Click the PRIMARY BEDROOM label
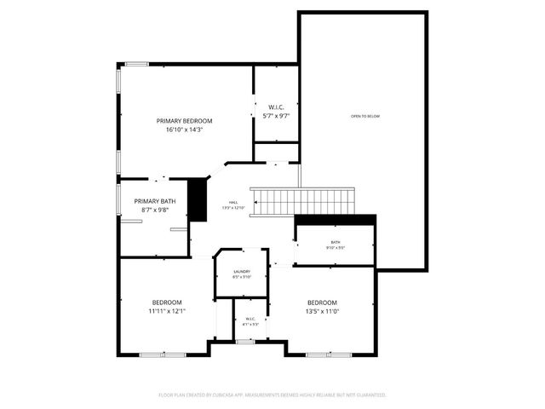(x=184, y=121)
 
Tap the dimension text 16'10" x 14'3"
(x=184, y=130)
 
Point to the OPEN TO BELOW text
(x=364, y=116)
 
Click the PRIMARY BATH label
(x=155, y=201)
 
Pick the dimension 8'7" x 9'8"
(x=155, y=210)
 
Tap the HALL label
(x=232, y=202)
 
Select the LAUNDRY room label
(x=242, y=272)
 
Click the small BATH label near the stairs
(x=336, y=243)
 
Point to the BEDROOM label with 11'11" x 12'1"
(x=167, y=302)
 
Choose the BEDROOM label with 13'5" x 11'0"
(x=322, y=302)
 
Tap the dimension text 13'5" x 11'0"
(x=322, y=312)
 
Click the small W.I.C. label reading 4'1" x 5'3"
(x=250, y=320)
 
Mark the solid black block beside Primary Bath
(x=198, y=200)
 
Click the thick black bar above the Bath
(x=335, y=220)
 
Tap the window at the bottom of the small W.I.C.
(x=245, y=341)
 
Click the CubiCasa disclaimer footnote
(x=272, y=395)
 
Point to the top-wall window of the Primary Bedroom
(x=137, y=63)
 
